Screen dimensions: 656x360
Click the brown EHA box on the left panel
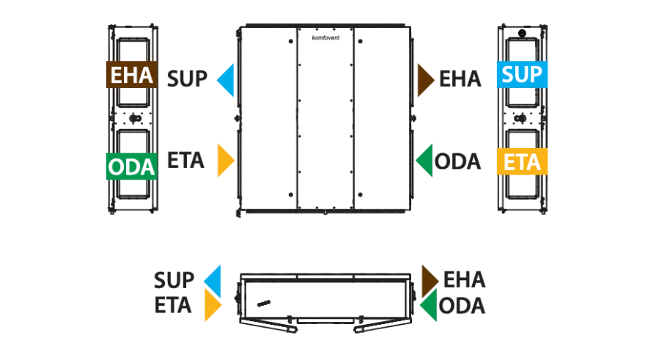[132, 75]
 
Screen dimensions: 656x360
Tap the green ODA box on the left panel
[132, 166]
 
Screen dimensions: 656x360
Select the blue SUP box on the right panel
[522, 75]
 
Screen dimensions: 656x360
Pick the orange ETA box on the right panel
[522, 161]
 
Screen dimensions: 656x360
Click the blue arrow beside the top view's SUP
[226, 80]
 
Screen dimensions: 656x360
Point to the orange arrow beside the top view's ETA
[226, 161]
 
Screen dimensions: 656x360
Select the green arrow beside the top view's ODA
[424, 161]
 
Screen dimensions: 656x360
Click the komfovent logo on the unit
[325, 37]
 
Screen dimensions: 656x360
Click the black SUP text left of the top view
[187, 78]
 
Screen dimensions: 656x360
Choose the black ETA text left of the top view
[185, 161]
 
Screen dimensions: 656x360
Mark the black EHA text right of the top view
[460, 78]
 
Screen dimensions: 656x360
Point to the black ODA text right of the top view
[457, 161]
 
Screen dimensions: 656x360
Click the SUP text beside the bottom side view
[174, 280]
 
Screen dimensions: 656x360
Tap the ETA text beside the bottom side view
[173, 305]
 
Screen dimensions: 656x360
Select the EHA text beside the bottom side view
[464, 279]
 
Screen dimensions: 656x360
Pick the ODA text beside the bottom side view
[462, 306]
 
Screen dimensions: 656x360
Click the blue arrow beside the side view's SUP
[213, 281]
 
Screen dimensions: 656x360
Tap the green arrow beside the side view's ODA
[428, 305]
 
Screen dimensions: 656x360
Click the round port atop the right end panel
[522, 33]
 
